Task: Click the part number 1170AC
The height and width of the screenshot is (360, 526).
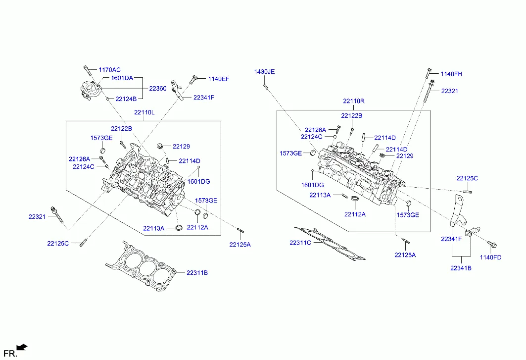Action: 109,70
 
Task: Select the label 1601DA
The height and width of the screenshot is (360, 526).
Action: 122,78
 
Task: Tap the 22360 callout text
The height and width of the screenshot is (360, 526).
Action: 158,88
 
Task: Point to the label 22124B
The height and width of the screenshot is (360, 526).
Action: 126,99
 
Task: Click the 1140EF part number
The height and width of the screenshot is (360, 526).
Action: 219,79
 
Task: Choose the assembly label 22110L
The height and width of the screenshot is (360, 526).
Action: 144,112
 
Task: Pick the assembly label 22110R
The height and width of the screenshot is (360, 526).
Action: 353,101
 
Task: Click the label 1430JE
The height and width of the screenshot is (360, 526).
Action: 264,72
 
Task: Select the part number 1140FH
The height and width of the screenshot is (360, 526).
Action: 451,74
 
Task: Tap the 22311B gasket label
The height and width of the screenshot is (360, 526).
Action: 197,273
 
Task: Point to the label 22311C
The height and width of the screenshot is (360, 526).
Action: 300,243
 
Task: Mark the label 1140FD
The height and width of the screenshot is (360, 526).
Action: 490,257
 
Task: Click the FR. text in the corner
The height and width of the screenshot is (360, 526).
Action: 10,353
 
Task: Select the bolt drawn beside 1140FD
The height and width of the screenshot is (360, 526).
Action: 492,245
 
